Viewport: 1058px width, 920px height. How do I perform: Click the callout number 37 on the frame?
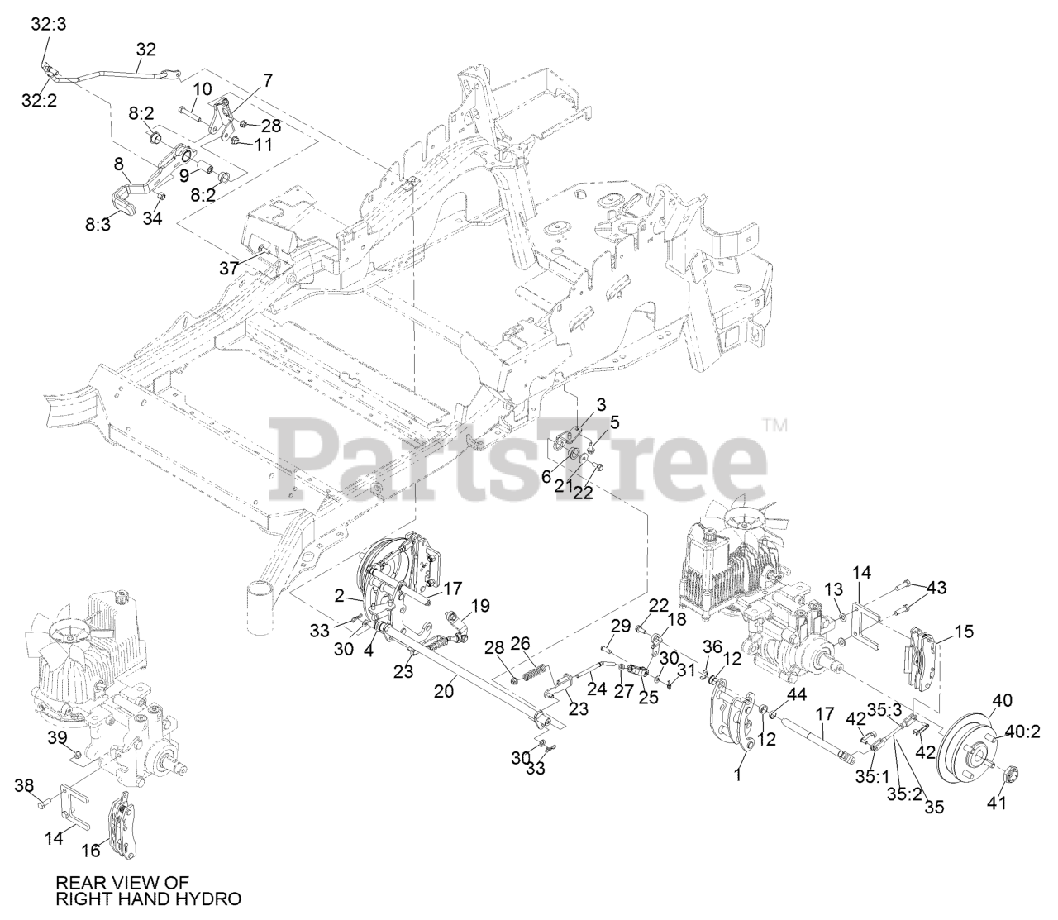(x=228, y=267)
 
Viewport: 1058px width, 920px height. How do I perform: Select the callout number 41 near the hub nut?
(x=997, y=802)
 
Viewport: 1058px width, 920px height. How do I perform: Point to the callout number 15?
(x=964, y=632)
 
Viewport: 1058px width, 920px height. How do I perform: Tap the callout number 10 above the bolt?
(x=203, y=88)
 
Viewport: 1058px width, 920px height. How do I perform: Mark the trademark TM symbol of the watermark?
(x=774, y=427)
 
